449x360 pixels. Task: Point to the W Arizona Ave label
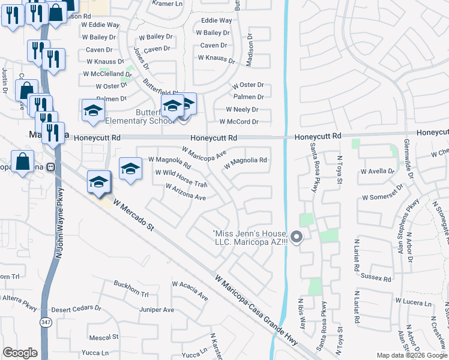(186, 192)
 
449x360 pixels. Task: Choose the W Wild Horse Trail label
(181, 178)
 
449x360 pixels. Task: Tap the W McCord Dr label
(238, 122)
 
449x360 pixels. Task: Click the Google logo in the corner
(20, 352)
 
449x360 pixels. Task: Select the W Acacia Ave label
(190, 290)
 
